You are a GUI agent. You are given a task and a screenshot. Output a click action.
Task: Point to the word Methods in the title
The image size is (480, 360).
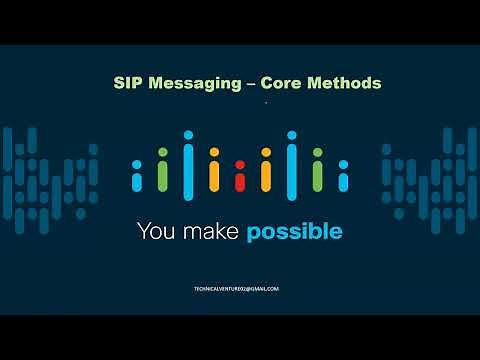pos(346,84)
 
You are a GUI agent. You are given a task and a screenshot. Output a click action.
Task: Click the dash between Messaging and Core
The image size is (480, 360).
pos(251,84)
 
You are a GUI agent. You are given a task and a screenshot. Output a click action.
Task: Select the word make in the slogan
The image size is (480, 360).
pos(212,232)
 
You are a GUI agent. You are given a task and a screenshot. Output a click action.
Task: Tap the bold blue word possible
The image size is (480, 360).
pos(295,233)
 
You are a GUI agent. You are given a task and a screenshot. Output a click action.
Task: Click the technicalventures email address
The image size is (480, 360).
pos(236,288)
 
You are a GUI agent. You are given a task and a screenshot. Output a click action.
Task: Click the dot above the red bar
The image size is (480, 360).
pos(239,164)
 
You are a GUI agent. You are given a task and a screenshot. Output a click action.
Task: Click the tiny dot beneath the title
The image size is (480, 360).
pos(266,103)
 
